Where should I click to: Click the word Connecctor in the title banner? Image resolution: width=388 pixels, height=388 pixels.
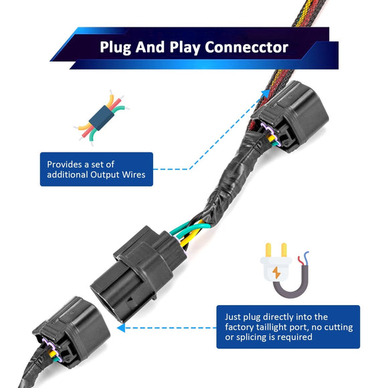(246, 47)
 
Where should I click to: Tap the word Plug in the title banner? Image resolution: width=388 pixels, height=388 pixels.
(115, 47)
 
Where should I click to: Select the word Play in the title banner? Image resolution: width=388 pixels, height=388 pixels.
(185, 47)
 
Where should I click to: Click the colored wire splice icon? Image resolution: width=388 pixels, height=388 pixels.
(102, 118)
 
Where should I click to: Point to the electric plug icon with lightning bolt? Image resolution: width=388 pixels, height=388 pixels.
(284, 270)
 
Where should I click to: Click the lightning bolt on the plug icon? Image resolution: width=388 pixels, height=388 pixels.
(276, 272)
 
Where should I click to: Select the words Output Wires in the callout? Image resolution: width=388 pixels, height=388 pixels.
(118, 175)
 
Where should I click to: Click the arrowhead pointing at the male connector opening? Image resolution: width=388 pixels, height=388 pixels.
(121, 328)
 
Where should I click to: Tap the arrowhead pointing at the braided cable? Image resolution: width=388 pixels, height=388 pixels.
(266, 93)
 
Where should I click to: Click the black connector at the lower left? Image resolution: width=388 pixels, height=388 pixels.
(72, 332)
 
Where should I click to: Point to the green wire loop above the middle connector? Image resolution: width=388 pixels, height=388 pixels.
(191, 227)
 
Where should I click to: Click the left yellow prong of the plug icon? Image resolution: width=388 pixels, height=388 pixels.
(268, 250)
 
